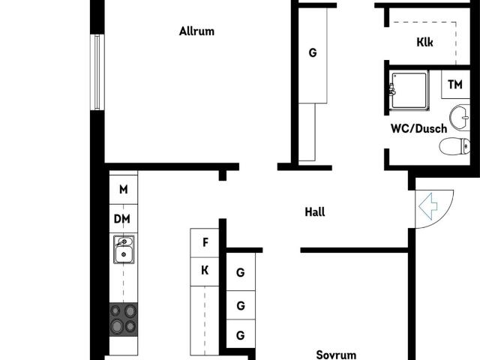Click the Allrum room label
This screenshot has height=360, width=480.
[x=196, y=31]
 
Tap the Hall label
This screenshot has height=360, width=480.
[x=315, y=211]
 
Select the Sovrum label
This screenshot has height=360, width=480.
[x=336, y=355]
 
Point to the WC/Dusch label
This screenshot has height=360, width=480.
[x=418, y=128]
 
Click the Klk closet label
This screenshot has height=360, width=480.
[x=424, y=42]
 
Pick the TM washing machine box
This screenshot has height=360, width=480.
[x=455, y=84]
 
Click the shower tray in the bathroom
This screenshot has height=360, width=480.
[x=409, y=90]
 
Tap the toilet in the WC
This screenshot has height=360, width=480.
[x=455, y=146]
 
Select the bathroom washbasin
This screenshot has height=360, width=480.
[x=460, y=118]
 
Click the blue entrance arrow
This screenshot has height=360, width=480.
[x=428, y=206]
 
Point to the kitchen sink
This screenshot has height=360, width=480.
[x=124, y=249]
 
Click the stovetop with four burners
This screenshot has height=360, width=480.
[x=124, y=319]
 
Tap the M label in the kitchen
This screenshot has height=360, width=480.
[x=123, y=190]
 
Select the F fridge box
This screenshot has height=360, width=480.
[x=205, y=243]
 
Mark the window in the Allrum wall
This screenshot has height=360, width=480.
[x=97, y=72]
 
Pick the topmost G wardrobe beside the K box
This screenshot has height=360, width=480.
[x=241, y=272]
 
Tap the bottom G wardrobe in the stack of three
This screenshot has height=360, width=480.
[x=241, y=334]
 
